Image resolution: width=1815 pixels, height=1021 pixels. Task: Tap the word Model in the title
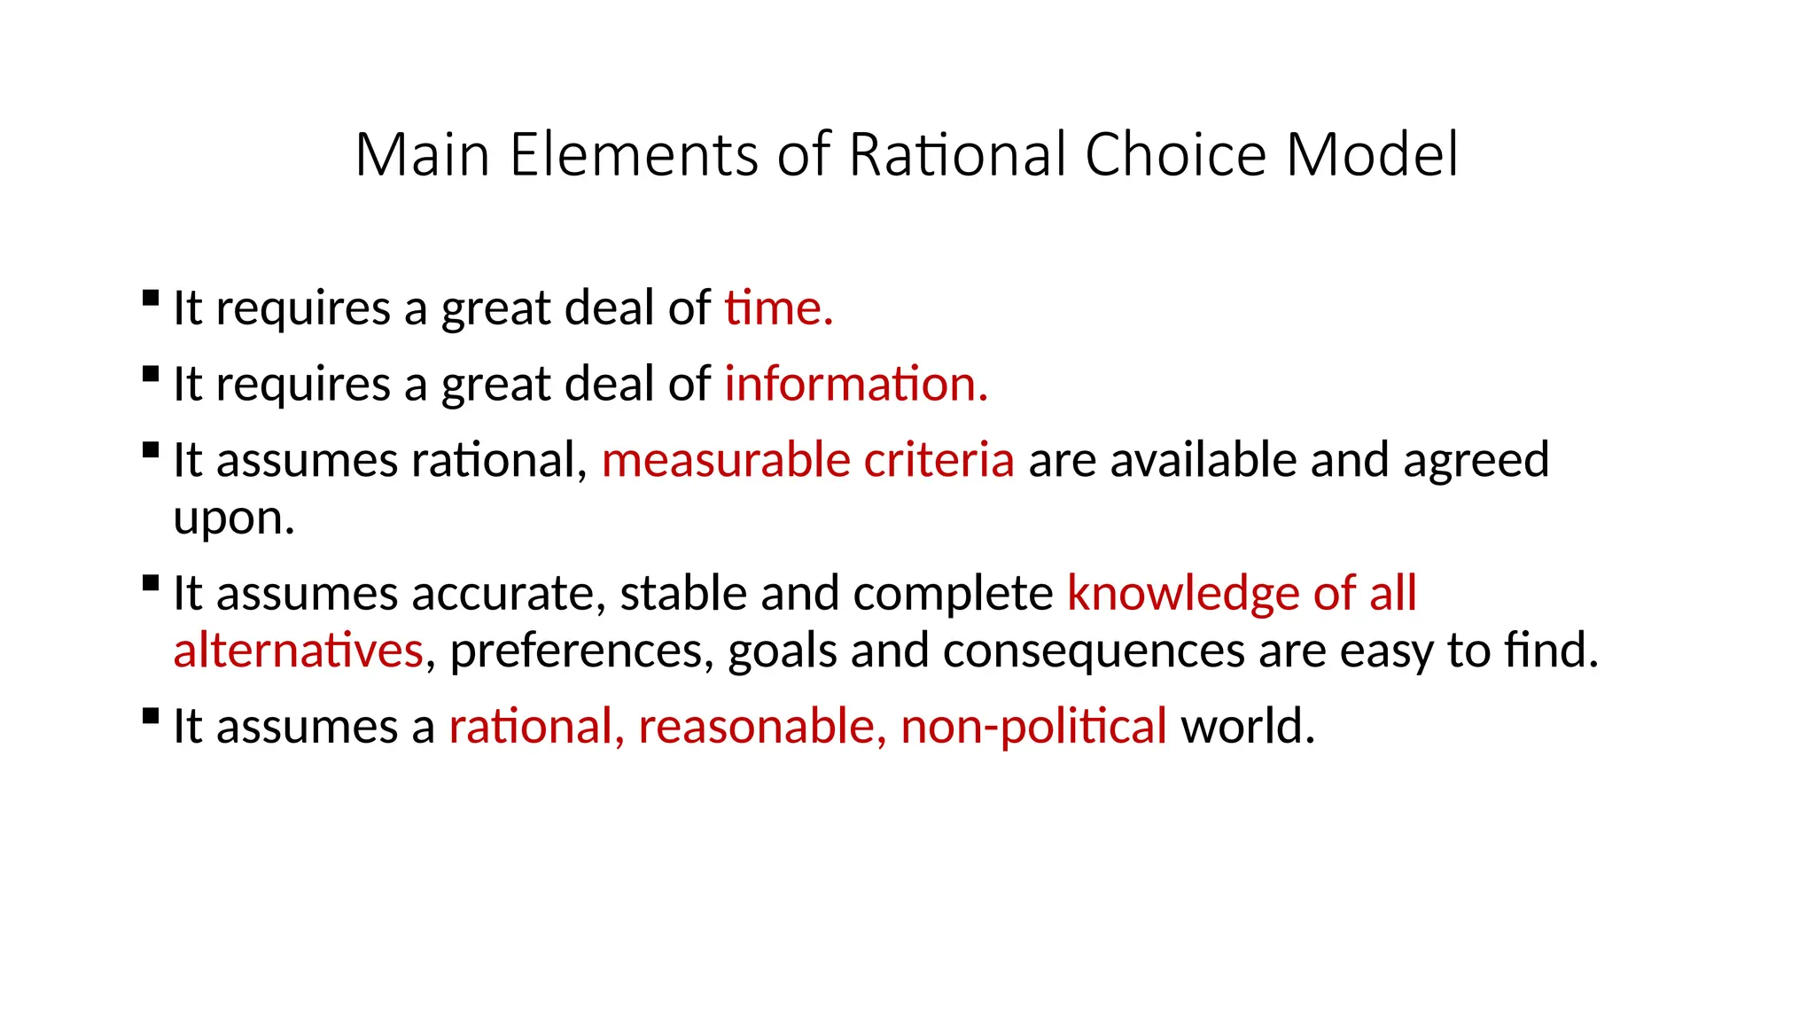[x=1371, y=155]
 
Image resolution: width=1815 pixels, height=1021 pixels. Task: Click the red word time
[x=777, y=308]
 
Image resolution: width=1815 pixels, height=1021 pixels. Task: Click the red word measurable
[x=726, y=461]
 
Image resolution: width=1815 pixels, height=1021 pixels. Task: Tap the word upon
[x=233, y=518]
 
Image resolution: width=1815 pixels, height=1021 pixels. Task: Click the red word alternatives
[x=298, y=651]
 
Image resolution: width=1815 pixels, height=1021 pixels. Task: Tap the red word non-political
[x=1033, y=727]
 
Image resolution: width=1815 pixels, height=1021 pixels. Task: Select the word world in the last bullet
[x=1247, y=727]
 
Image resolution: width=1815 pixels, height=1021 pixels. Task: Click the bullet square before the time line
[x=151, y=298]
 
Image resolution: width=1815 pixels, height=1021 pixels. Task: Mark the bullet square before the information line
[x=151, y=374]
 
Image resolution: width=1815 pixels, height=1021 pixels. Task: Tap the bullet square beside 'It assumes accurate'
[x=151, y=583]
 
